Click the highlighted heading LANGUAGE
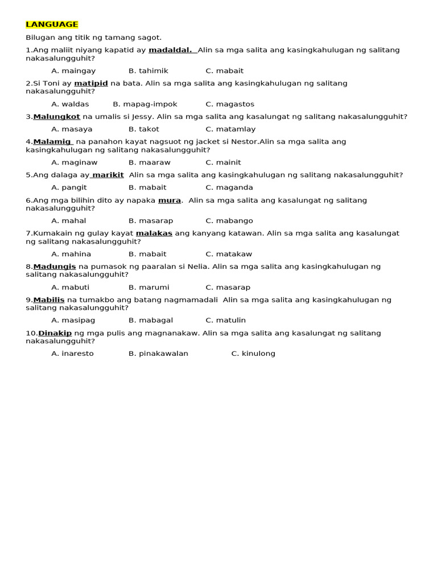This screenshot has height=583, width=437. pyautogui.click(x=52, y=24)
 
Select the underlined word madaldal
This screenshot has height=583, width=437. pyautogui.click(x=170, y=50)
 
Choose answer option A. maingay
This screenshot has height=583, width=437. pyautogui.click(x=73, y=71)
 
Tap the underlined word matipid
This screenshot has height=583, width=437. pyautogui.click(x=91, y=83)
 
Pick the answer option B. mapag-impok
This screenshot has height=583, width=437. pyautogui.click(x=145, y=104)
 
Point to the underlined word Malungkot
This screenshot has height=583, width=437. pyautogui.click(x=56, y=117)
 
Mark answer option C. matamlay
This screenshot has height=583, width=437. pyautogui.click(x=230, y=129)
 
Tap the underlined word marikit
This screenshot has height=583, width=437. pyautogui.click(x=108, y=175)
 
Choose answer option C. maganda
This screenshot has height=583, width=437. pyautogui.click(x=229, y=187)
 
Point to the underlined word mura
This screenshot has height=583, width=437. pyautogui.click(x=170, y=200)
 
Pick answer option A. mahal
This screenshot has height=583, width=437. pyautogui.click(x=69, y=221)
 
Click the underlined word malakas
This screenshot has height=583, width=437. pyautogui.click(x=154, y=233)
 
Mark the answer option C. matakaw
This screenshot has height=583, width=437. pyautogui.click(x=229, y=254)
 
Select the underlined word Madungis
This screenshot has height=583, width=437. pyautogui.click(x=55, y=266)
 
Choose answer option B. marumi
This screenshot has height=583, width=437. pyautogui.click(x=149, y=288)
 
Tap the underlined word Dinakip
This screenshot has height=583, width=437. pyautogui.click(x=55, y=333)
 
